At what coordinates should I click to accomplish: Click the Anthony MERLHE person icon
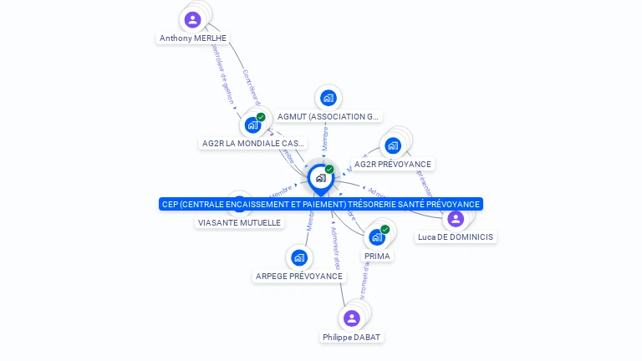(x=193, y=19)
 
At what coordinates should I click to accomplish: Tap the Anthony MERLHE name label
(x=193, y=38)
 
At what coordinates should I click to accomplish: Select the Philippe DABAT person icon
(x=352, y=318)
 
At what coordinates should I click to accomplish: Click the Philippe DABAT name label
(x=351, y=337)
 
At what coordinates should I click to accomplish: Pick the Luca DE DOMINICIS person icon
(x=456, y=219)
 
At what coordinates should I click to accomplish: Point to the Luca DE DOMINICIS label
(x=456, y=237)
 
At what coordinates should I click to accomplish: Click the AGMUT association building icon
(x=329, y=98)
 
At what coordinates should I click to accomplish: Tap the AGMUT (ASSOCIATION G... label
(x=329, y=117)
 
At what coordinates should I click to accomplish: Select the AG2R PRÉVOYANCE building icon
(x=393, y=145)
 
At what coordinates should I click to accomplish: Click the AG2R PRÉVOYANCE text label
(x=393, y=165)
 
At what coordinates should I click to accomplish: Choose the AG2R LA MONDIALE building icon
(x=252, y=125)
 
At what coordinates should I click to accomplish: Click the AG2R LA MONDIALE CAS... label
(x=253, y=144)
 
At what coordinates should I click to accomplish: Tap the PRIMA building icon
(x=377, y=237)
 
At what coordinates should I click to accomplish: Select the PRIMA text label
(x=377, y=257)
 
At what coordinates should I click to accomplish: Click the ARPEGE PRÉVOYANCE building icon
(x=299, y=257)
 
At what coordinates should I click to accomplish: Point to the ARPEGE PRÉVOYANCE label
(x=299, y=277)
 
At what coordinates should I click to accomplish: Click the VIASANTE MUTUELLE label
(x=240, y=223)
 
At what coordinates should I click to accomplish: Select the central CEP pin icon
(x=320, y=178)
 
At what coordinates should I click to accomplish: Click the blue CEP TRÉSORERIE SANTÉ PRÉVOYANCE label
(x=321, y=204)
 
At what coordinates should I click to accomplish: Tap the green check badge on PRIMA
(x=385, y=229)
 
